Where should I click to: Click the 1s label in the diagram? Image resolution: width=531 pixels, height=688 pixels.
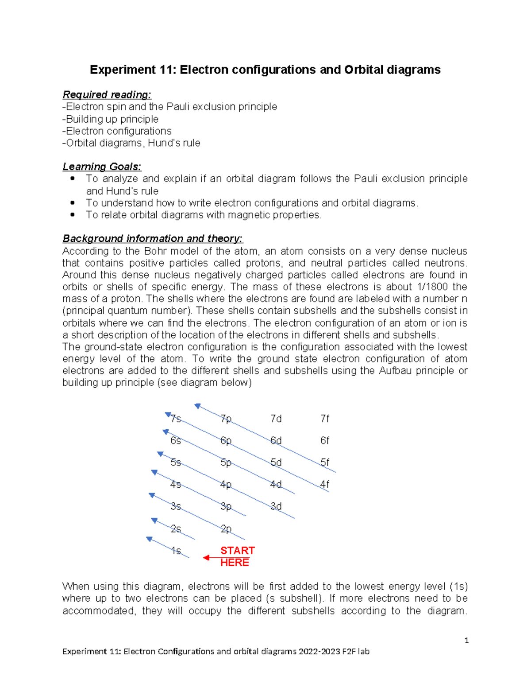[x=176, y=551]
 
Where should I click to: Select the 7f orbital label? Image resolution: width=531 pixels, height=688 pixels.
[x=325, y=419]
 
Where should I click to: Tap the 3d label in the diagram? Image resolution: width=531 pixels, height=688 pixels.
[x=276, y=506]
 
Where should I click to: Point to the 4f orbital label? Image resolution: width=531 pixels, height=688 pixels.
[x=325, y=484]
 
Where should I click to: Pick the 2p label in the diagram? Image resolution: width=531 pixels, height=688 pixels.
[x=226, y=529]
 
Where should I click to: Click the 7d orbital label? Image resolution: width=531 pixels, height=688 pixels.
[x=276, y=419]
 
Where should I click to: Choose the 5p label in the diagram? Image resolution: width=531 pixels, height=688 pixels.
[x=226, y=463]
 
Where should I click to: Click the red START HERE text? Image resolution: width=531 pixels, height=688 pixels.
[x=237, y=556]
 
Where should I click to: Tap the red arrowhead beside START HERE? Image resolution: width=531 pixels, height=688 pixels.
[x=206, y=558]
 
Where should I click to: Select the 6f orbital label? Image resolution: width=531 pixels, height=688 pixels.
[x=325, y=440]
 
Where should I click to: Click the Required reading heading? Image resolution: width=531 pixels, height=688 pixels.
[x=107, y=95]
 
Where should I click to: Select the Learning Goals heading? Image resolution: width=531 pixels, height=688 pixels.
[x=102, y=167]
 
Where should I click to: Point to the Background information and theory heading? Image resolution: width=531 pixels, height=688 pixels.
[x=152, y=238]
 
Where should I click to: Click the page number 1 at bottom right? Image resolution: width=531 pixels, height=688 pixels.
[x=466, y=640]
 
